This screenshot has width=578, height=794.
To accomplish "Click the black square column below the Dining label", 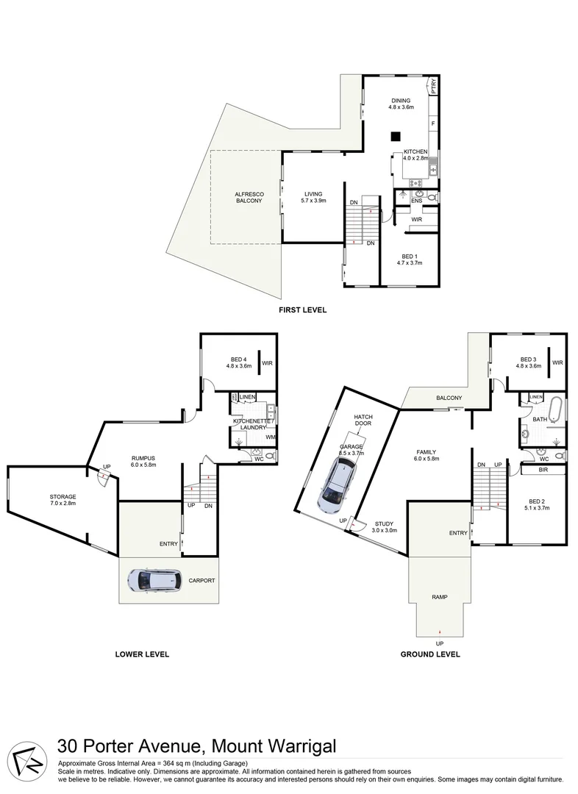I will click(x=396, y=135).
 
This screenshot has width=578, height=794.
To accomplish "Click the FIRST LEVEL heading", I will click(x=302, y=310).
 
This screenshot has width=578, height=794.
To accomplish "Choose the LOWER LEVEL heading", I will click(x=143, y=654).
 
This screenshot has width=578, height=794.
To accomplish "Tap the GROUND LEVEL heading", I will click(x=430, y=654).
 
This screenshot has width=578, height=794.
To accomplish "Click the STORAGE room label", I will click(x=63, y=497).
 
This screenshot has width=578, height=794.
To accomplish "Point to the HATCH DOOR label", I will click(x=363, y=420).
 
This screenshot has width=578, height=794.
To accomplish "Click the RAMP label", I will click(x=440, y=597).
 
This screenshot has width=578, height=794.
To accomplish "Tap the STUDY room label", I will click(x=383, y=523).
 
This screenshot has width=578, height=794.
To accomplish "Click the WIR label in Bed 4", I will click(x=267, y=362).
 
